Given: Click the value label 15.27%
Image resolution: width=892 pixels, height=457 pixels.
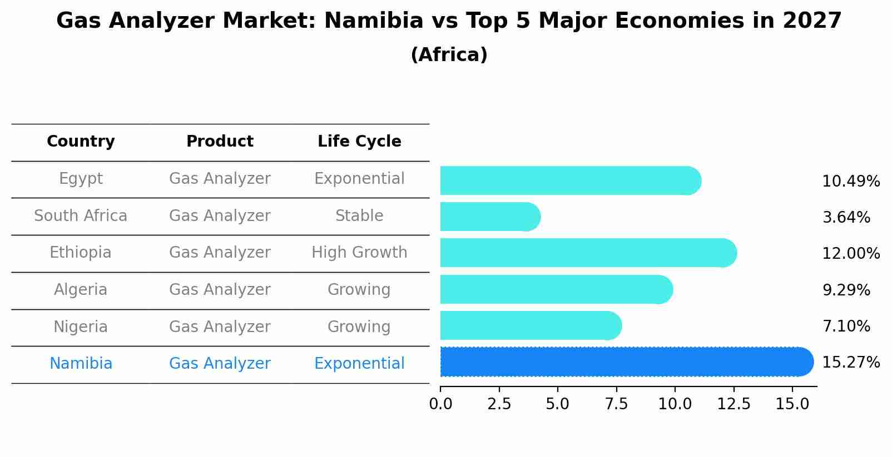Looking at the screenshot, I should pyautogui.click(x=850, y=363).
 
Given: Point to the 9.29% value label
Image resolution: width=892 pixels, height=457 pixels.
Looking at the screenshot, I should pyautogui.click(x=846, y=290).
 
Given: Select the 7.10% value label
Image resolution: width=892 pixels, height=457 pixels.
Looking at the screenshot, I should pyautogui.click(x=846, y=326).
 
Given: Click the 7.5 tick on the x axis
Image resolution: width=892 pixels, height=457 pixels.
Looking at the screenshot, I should pyautogui.click(x=616, y=404).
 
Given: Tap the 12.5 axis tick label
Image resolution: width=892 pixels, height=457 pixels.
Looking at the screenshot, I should pyautogui.click(x=734, y=404).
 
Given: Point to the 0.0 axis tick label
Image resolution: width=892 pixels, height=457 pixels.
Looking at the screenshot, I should pyautogui.click(x=440, y=404).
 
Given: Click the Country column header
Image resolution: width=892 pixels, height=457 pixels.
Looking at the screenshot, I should pyautogui.click(x=81, y=142).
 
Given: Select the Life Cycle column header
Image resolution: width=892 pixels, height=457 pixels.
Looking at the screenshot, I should pyautogui.click(x=359, y=142).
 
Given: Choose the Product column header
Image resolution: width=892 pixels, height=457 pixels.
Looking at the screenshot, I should pyautogui.click(x=220, y=142).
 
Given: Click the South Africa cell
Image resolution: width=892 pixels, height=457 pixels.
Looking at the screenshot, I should pyautogui.click(x=81, y=215).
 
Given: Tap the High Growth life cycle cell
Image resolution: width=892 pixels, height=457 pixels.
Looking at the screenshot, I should pyautogui.click(x=359, y=253).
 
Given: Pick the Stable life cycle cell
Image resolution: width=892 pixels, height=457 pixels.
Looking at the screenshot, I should pyautogui.click(x=359, y=215).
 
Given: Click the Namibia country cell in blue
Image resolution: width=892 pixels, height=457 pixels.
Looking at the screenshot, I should pyautogui.click(x=81, y=364).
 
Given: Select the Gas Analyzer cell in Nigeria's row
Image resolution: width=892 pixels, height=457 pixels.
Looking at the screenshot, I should pyautogui.click(x=220, y=327).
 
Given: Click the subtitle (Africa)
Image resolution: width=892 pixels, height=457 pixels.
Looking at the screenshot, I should pyautogui.click(x=449, y=55).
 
